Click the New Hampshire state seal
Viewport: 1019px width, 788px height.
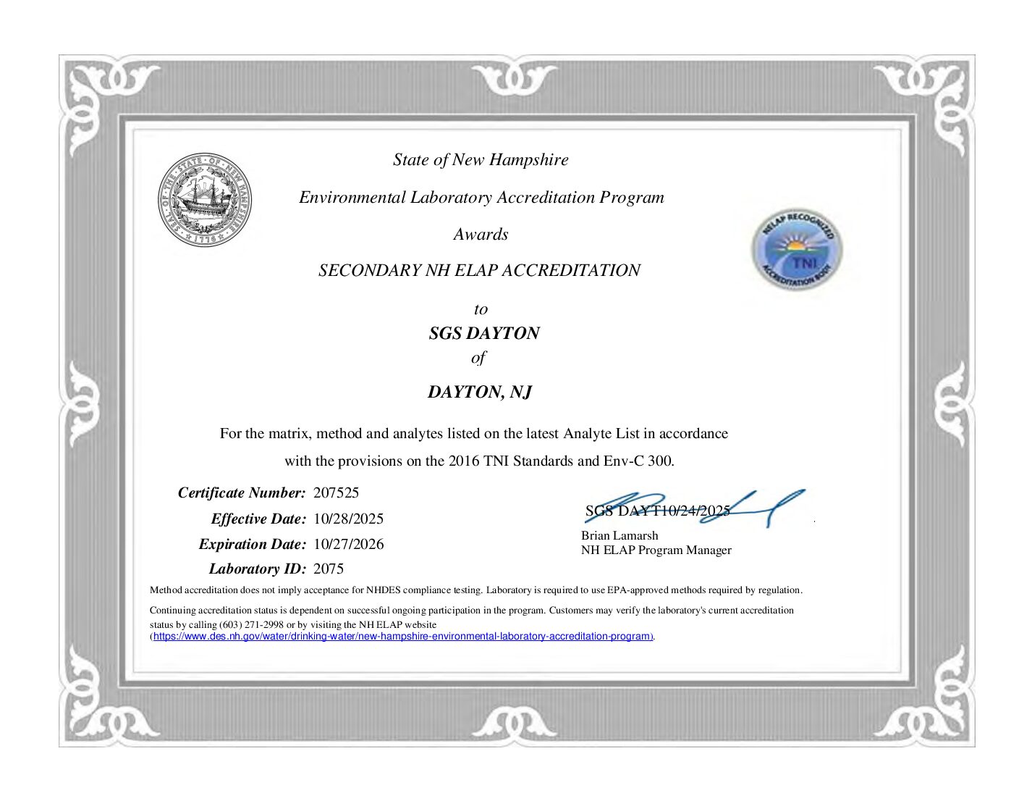pyautogui.click(x=206, y=200)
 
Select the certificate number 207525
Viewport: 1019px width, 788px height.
pyautogui.click(x=336, y=493)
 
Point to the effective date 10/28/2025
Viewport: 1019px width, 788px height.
pyautogui.click(x=348, y=519)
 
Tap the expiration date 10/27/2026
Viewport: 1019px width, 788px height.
pyautogui.click(x=348, y=544)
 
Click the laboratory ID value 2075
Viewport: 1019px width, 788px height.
pyautogui.click(x=329, y=569)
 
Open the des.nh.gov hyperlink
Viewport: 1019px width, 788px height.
pyautogui.click(x=402, y=637)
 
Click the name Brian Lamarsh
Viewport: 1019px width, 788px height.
pyautogui.click(x=620, y=536)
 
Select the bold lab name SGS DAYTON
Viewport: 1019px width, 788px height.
pyautogui.click(x=483, y=333)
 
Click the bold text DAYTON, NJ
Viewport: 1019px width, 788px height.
pyautogui.click(x=480, y=392)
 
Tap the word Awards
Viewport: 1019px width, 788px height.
pyautogui.click(x=481, y=234)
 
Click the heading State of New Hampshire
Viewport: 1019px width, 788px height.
pyautogui.click(x=481, y=159)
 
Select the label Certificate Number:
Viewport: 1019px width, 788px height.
pyautogui.click(x=242, y=493)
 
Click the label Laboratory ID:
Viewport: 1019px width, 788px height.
pyautogui.click(x=257, y=569)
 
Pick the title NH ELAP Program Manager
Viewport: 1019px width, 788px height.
pyautogui.click(x=656, y=550)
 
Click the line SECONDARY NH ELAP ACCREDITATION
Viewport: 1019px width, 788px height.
pyautogui.click(x=479, y=270)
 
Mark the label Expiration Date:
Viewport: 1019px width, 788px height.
pyautogui.click(x=252, y=544)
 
